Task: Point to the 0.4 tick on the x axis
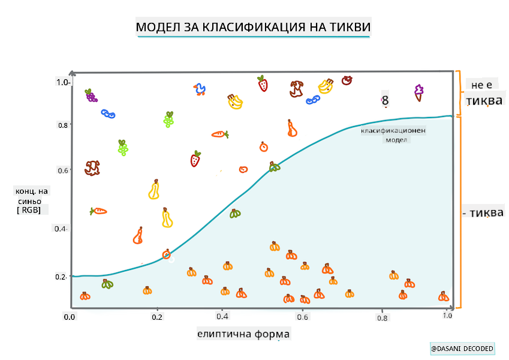(223, 316)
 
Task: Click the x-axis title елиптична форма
(243, 334)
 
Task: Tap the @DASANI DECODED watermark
(462, 349)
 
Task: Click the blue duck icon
(200, 90)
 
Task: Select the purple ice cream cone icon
(418, 92)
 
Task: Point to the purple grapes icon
(91, 95)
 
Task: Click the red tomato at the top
(347, 79)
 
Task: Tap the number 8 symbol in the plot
(385, 101)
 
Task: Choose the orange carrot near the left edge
(98, 211)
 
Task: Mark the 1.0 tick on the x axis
(447, 316)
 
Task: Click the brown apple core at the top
(296, 89)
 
